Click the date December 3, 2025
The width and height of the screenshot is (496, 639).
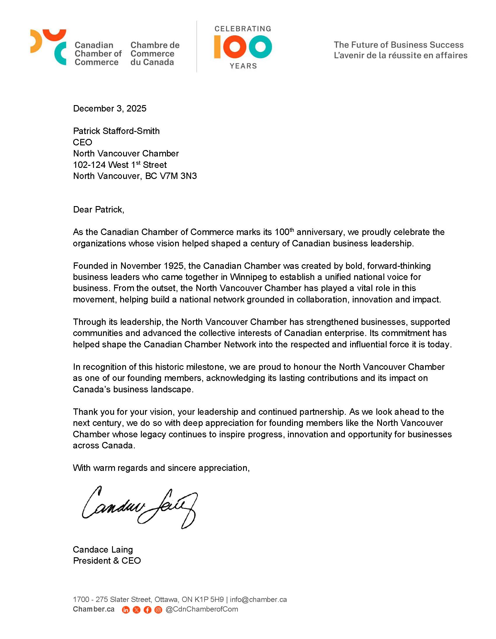[x=110, y=109]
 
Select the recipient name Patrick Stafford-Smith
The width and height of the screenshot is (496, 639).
[x=116, y=131]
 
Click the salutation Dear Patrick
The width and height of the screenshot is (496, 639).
[x=99, y=210]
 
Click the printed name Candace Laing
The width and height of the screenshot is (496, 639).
[x=103, y=549]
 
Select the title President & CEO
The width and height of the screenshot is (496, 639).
[x=107, y=560]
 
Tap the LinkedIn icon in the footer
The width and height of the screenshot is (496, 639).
[x=126, y=610]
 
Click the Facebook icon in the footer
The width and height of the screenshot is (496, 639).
[x=147, y=610]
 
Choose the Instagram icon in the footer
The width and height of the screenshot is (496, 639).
[x=158, y=610]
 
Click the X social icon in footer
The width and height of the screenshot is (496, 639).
[x=137, y=610]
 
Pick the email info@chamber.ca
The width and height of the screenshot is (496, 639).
[x=258, y=600]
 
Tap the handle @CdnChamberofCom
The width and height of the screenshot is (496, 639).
[x=202, y=609]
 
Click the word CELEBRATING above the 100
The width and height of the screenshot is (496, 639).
[x=243, y=29]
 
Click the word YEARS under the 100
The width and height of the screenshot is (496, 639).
[x=243, y=66]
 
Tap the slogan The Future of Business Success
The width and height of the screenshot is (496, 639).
[x=399, y=45]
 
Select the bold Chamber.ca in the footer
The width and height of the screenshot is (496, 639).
[x=94, y=609]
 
